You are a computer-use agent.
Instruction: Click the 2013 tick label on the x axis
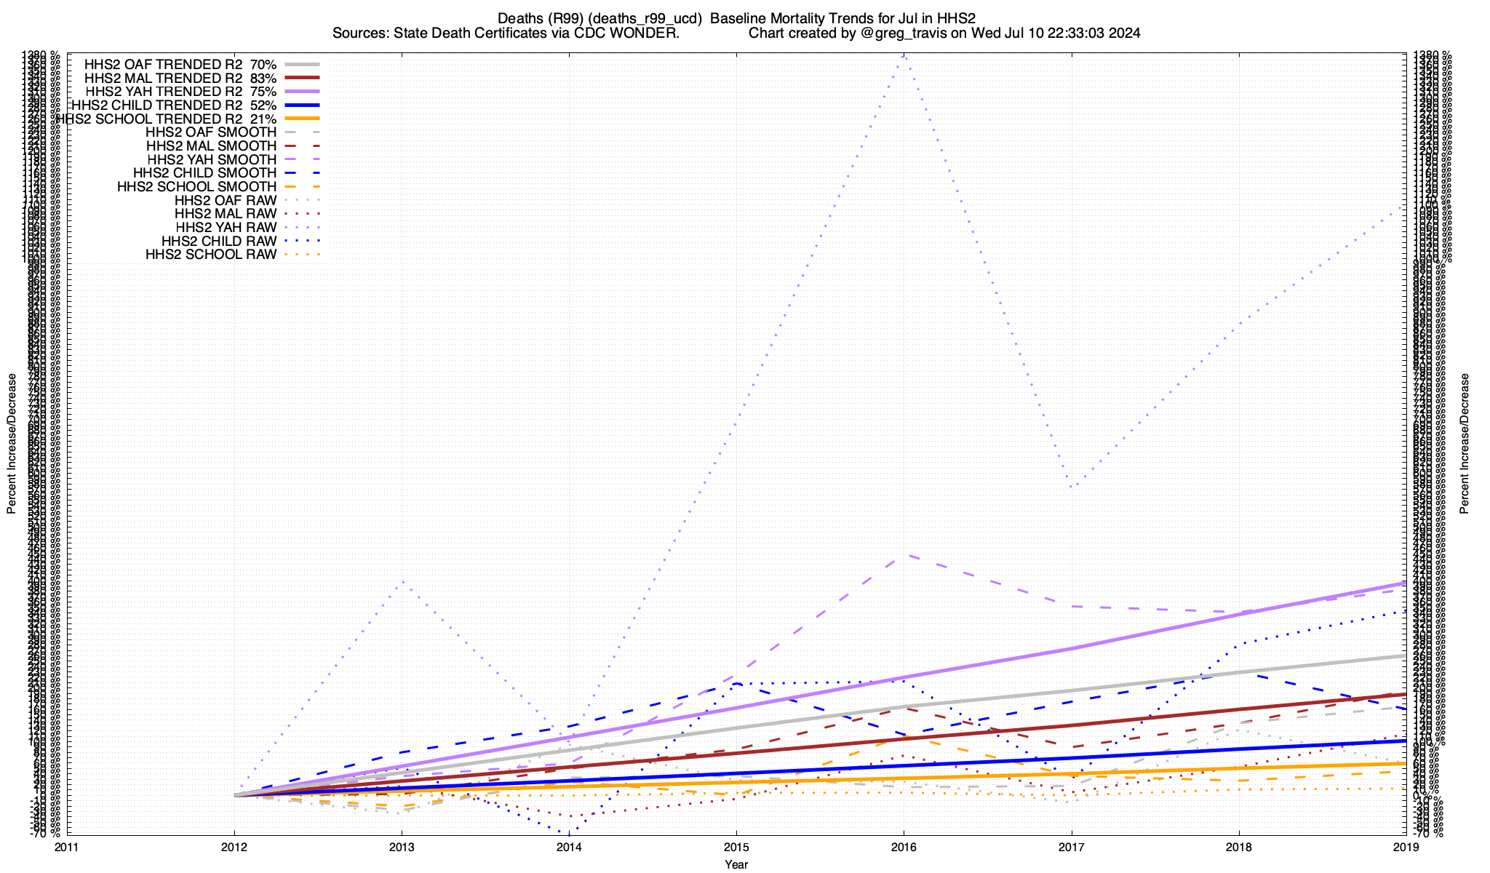coord(402,847)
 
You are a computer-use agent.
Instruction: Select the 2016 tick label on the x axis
coord(904,847)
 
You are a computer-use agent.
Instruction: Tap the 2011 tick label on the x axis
coord(67,847)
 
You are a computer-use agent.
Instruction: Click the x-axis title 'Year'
coord(736,864)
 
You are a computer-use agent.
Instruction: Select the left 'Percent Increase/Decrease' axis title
coord(12,444)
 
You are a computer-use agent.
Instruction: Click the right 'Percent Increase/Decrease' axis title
coord(1465,444)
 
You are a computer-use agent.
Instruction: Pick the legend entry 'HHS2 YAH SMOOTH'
coord(211,159)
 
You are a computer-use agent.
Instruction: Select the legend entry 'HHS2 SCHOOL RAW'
coord(211,255)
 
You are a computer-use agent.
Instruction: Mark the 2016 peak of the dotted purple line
coord(904,55)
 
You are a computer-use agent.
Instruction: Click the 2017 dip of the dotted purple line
coord(1071,487)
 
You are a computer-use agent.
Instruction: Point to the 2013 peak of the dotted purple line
coord(402,582)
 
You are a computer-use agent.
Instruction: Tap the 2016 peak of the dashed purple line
coord(904,555)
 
